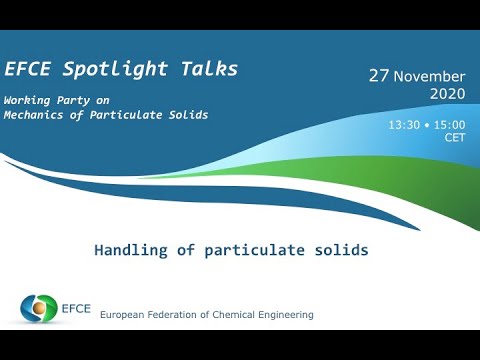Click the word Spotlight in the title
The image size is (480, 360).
[x=112, y=69]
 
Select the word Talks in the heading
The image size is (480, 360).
[x=204, y=69]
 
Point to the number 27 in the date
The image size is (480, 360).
[x=378, y=76]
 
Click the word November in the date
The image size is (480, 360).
[x=430, y=77]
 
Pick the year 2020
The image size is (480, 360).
[x=447, y=94]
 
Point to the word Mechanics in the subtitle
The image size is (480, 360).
[x=34, y=115]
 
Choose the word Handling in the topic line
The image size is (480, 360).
[x=130, y=250]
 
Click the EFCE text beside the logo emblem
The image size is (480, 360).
[x=77, y=308]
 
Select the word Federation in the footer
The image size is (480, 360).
[x=182, y=315]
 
